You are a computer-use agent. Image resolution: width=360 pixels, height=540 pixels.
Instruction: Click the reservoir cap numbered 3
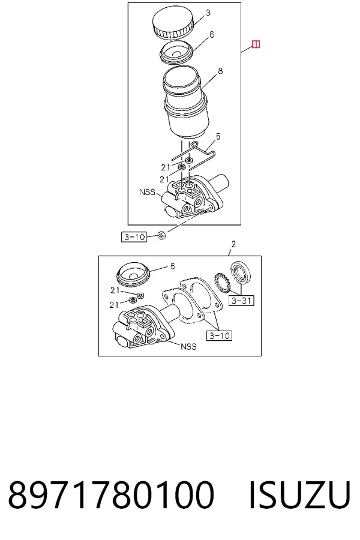coord(173,22)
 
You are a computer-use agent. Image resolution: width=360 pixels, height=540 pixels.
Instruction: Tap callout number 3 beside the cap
coord(208,13)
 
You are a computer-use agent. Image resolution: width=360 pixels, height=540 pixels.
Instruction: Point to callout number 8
coord(220,71)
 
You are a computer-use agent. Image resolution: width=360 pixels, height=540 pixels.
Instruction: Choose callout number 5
coord(218,137)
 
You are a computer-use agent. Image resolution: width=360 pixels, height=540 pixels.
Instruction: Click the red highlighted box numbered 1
coord(256,44)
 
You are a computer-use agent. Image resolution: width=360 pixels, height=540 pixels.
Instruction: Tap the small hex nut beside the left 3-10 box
coord(161,236)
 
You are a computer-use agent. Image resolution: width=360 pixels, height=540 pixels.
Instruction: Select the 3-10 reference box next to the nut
coord(134,237)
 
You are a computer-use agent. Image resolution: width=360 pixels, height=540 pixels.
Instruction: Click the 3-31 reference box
coord(241,301)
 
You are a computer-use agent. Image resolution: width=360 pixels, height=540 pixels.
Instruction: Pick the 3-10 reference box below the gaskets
coord(219,335)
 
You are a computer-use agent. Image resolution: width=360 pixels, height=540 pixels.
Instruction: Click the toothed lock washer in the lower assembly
coord(222,283)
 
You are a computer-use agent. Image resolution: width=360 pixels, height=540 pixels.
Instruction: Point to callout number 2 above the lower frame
coord(233,244)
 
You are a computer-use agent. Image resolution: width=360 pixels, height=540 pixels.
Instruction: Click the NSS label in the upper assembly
coord(148,192)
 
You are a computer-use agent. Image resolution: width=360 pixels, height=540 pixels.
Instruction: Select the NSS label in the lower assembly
coord(188,346)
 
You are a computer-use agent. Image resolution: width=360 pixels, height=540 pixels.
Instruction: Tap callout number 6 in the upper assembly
coord(212,34)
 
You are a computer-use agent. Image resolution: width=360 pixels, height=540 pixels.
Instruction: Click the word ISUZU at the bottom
coord(299,495)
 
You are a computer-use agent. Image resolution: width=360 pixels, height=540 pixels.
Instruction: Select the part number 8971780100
coord(111,495)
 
